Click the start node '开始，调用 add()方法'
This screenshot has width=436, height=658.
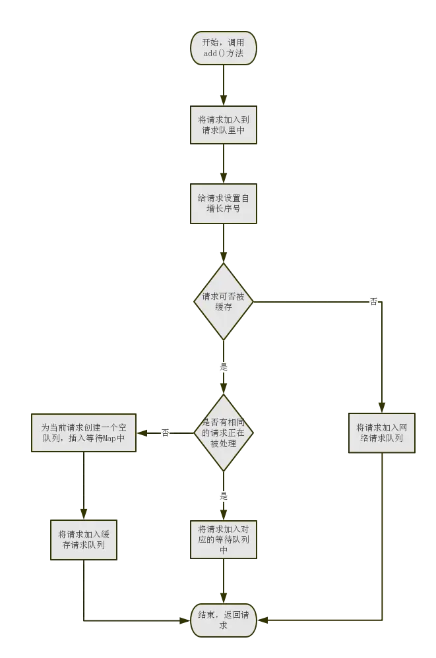click(x=223, y=48)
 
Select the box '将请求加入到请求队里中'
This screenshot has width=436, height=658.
click(x=223, y=125)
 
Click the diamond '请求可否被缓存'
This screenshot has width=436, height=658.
click(x=223, y=302)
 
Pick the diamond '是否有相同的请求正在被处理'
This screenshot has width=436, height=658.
click(x=223, y=433)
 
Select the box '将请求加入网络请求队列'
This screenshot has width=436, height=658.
click(x=383, y=432)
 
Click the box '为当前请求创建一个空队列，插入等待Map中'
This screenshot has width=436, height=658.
click(x=83, y=433)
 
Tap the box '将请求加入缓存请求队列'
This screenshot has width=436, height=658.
click(x=83, y=539)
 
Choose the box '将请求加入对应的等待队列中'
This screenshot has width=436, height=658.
click(x=223, y=539)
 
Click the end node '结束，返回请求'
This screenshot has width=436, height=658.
click(x=223, y=620)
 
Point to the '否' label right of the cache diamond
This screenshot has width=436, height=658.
click(x=374, y=303)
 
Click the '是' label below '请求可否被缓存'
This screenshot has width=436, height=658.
click(x=223, y=366)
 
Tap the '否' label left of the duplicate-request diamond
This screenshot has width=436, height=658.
click(x=165, y=433)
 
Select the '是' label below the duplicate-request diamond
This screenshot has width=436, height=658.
click(x=223, y=496)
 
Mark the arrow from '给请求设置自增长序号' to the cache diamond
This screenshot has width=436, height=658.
click(x=223, y=244)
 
